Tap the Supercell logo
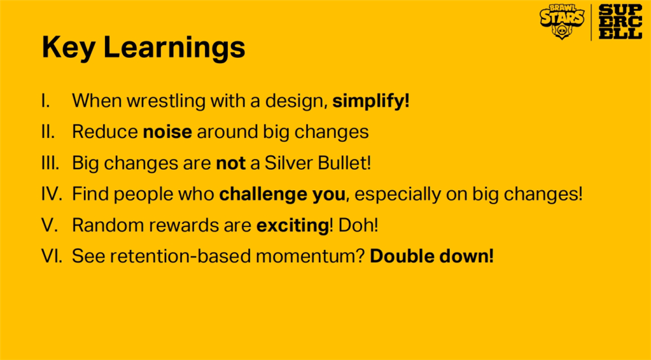click(620, 22)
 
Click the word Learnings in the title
click(174, 48)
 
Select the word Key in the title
click(68, 48)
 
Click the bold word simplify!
click(371, 101)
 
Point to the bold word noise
click(167, 132)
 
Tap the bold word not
click(231, 163)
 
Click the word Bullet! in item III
click(344, 163)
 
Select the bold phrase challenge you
click(283, 195)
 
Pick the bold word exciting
click(293, 225)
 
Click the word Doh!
click(358, 225)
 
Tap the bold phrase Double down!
click(432, 256)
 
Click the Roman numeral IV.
click(51, 195)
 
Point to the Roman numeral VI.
click(51, 256)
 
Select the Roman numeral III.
click(50, 163)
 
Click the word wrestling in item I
click(166, 102)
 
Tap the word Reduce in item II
click(105, 132)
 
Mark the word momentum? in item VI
click(310, 256)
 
